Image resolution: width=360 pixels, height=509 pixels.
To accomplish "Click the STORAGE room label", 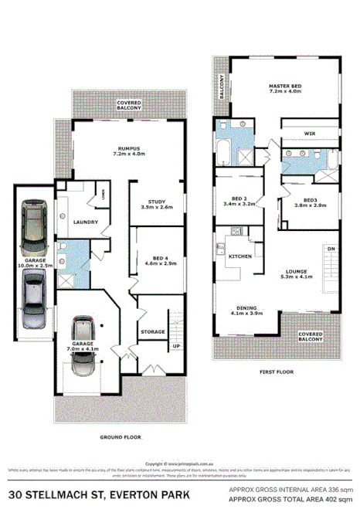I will [x=152, y=331].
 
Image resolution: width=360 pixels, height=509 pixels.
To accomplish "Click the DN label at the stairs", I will [x=331, y=249].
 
